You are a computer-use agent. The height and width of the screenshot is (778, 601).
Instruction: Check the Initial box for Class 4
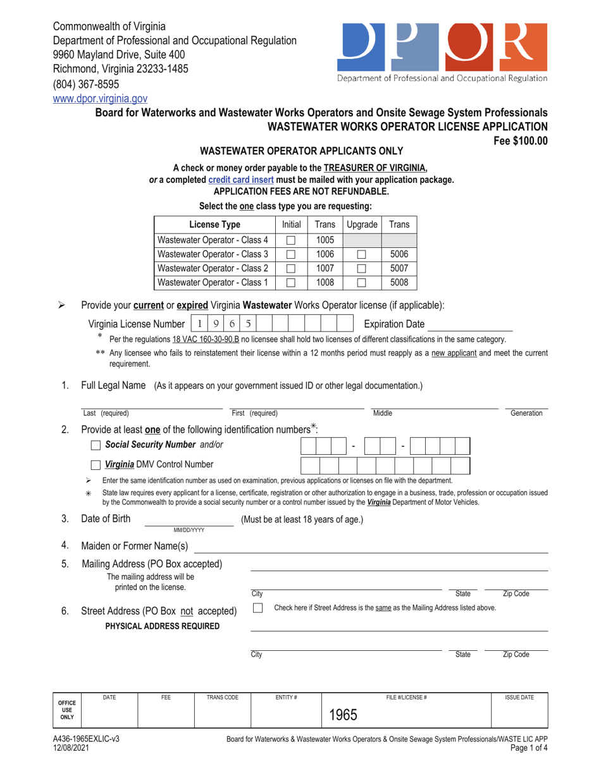tap(291, 240)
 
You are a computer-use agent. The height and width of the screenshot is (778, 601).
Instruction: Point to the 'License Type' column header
tap(214, 225)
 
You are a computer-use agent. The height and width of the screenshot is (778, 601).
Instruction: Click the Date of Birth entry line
tap(190, 520)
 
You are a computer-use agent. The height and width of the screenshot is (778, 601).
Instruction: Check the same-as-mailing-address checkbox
tap(257, 608)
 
